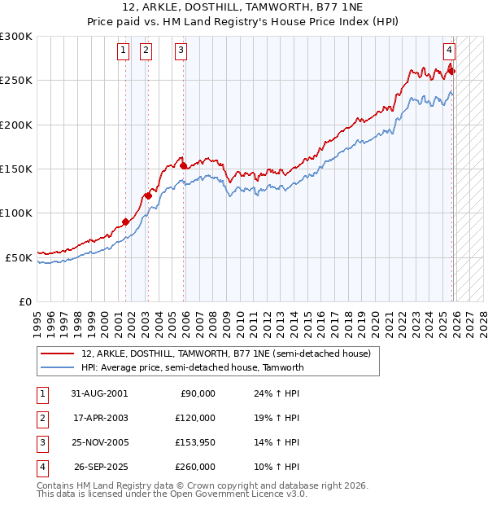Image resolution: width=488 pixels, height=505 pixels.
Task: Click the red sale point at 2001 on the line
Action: pos(126,222)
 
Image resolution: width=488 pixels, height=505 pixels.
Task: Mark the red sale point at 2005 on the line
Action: pos(184,165)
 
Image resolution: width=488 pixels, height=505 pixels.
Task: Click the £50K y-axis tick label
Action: pos(19,257)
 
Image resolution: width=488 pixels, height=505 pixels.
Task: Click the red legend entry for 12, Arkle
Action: pos(225,353)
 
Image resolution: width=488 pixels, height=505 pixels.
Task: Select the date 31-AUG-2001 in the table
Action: pos(100,393)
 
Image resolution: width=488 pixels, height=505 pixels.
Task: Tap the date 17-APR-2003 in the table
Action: pos(100,418)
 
